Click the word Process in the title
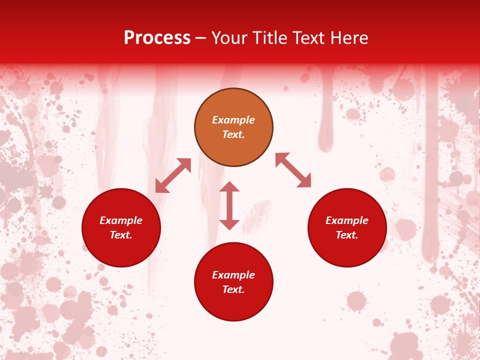[x=157, y=38]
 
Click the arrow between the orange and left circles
[x=173, y=175]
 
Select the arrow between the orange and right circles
[x=293, y=170]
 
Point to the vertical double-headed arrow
[x=229, y=205]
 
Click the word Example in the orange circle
[x=233, y=120]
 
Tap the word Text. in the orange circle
[x=233, y=134]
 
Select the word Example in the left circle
[x=121, y=220]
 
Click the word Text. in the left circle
[x=121, y=235]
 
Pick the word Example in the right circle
[x=347, y=220]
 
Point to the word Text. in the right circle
[x=347, y=235]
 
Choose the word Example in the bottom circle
[x=233, y=275]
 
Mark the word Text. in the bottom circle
[x=233, y=289]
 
